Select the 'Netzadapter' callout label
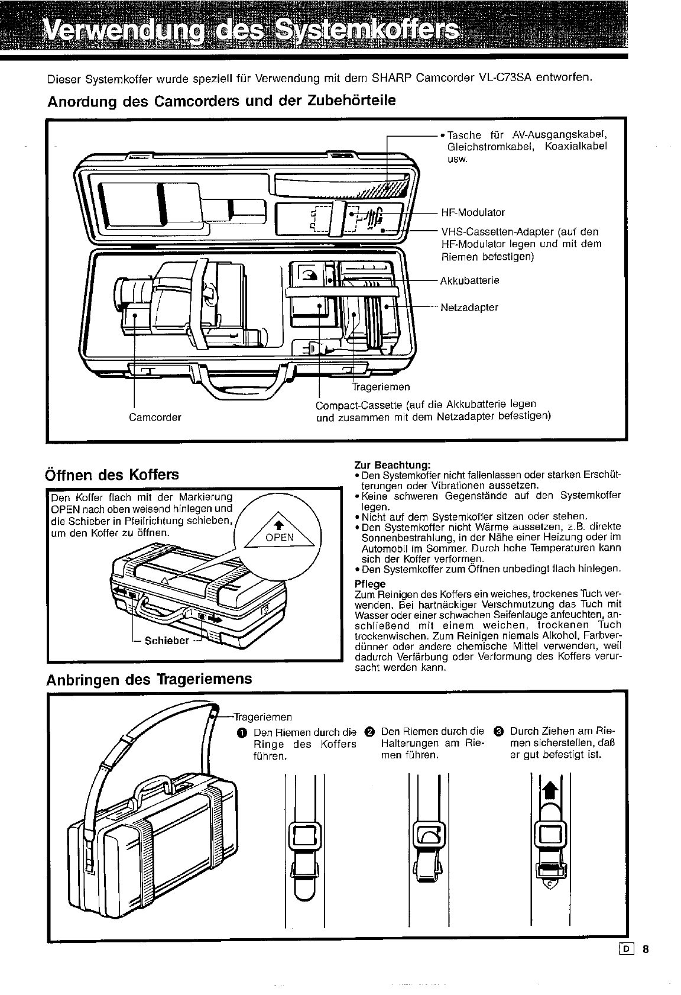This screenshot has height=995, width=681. point(469,308)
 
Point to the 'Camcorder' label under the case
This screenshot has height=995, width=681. point(155,417)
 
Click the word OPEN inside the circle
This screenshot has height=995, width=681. point(279,537)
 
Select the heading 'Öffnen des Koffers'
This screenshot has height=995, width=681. point(112,474)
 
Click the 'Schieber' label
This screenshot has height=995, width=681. point(167,640)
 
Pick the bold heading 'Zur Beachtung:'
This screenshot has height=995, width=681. point(392,465)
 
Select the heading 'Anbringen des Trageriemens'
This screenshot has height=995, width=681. point(149,678)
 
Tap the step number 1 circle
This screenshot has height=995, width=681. point(241,732)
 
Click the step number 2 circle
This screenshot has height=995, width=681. point(370,732)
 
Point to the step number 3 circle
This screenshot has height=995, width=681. point(498,732)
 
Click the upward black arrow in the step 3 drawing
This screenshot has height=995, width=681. point(550,789)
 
